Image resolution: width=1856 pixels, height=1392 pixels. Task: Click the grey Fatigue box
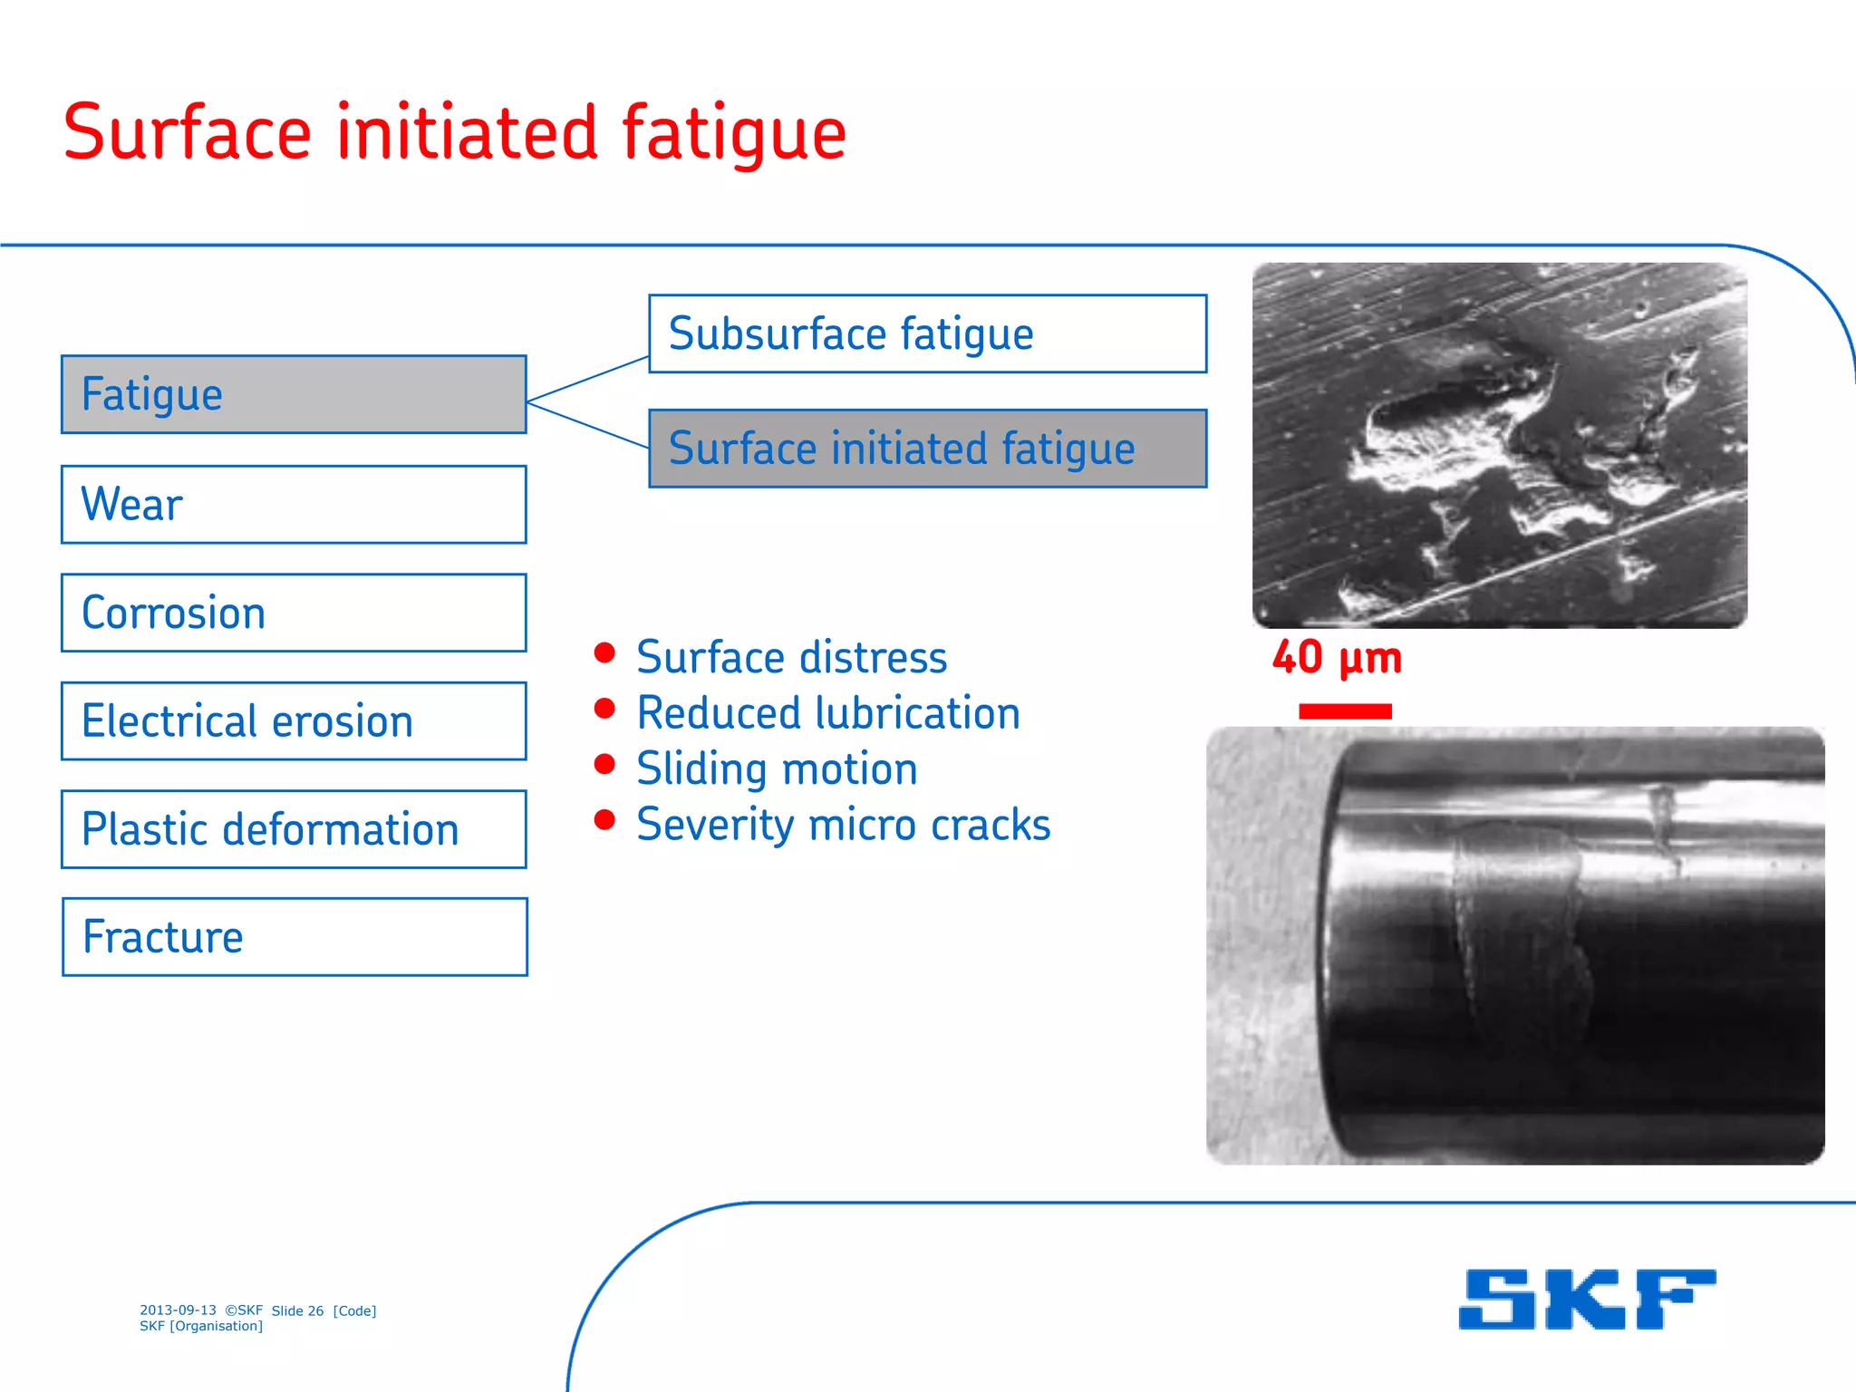pyautogui.click(x=294, y=394)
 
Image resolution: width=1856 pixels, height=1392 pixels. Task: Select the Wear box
pyautogui.click(x=294, y=505)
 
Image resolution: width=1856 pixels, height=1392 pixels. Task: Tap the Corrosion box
pyautogui.click(x=294, y=613)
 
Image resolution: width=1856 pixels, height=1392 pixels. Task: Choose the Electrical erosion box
pyautogui.click(x=294, y=721)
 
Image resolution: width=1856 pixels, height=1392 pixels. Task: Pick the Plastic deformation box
pyautogui.click(x=294, y=829)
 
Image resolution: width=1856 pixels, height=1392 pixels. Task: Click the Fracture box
pyautogui.click(x=295, y=937)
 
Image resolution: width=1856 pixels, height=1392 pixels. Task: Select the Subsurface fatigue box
pyautogui.click(x=928, y=333)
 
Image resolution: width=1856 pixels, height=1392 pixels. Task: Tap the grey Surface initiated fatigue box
pyautogui.click(x=928, y=449)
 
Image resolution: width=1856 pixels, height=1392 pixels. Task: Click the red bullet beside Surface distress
pyautogui.click(x=604, y=652)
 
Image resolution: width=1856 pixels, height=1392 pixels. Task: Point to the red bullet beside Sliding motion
pyautogui.click(x=604, y=764)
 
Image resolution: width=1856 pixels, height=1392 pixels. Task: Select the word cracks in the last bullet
pyautogui.click(x=991, y=825)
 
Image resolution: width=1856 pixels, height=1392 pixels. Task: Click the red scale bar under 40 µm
pyautogui.click(x=1345, y=711)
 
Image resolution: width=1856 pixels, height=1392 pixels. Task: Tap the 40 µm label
pyautogui.click(x=1337, y=657)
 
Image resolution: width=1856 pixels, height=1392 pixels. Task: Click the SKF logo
pyautogui.click(x=1587, y=1299)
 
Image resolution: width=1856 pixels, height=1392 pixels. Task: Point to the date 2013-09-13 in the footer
pyautogui.click(x=178, y=1310)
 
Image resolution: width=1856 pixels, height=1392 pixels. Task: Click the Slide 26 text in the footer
pyautogui.click(x=297, y=1310)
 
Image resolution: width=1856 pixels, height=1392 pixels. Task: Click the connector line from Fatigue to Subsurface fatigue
pyautogui.click(x=587, y=379)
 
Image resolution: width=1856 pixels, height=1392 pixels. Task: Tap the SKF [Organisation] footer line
pyautogui.click(x=201, y=1326)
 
